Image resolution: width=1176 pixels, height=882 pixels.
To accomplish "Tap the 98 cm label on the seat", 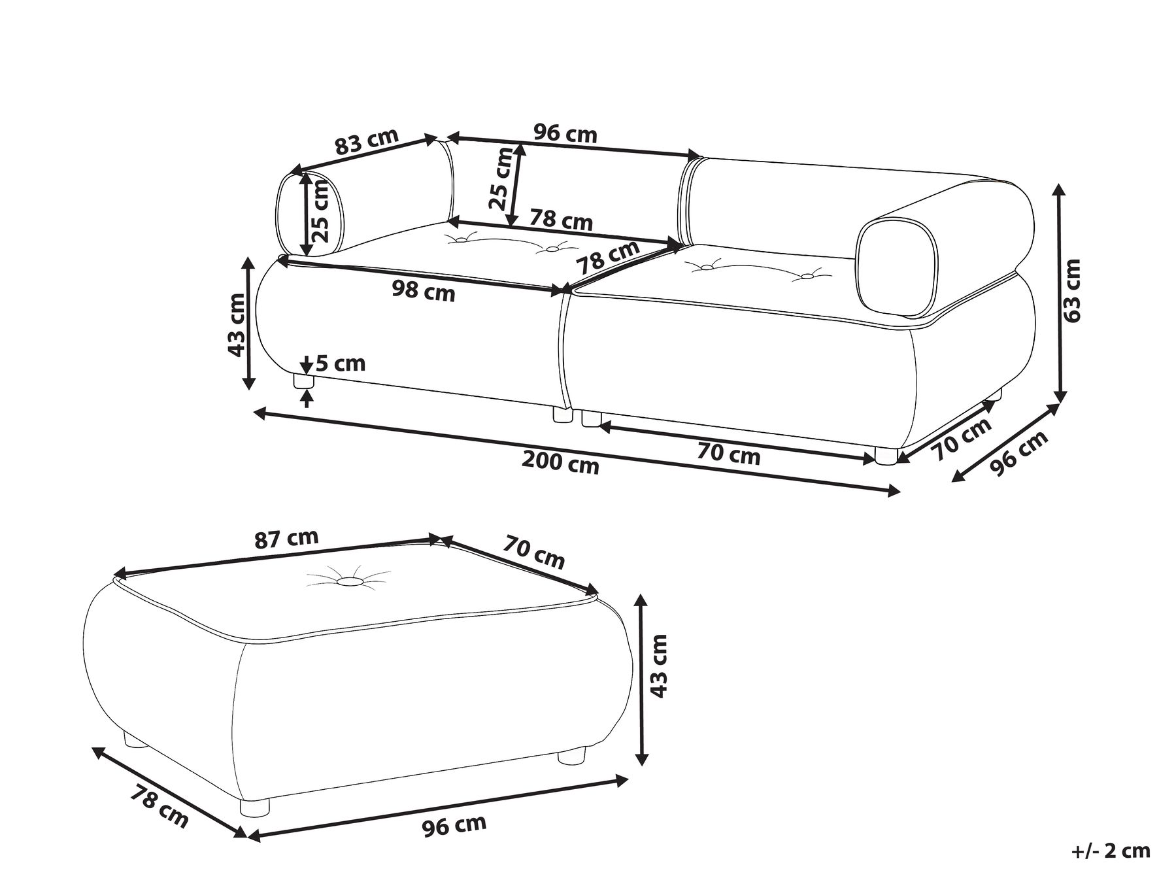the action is [x=424, y=290].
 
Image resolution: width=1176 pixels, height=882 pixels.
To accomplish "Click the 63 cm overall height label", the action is [x=1071, y=290].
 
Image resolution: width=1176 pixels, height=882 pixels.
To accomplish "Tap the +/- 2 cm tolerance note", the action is [x=1111, y=851].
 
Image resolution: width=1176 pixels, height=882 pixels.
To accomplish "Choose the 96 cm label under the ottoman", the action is [x=454, y=826].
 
